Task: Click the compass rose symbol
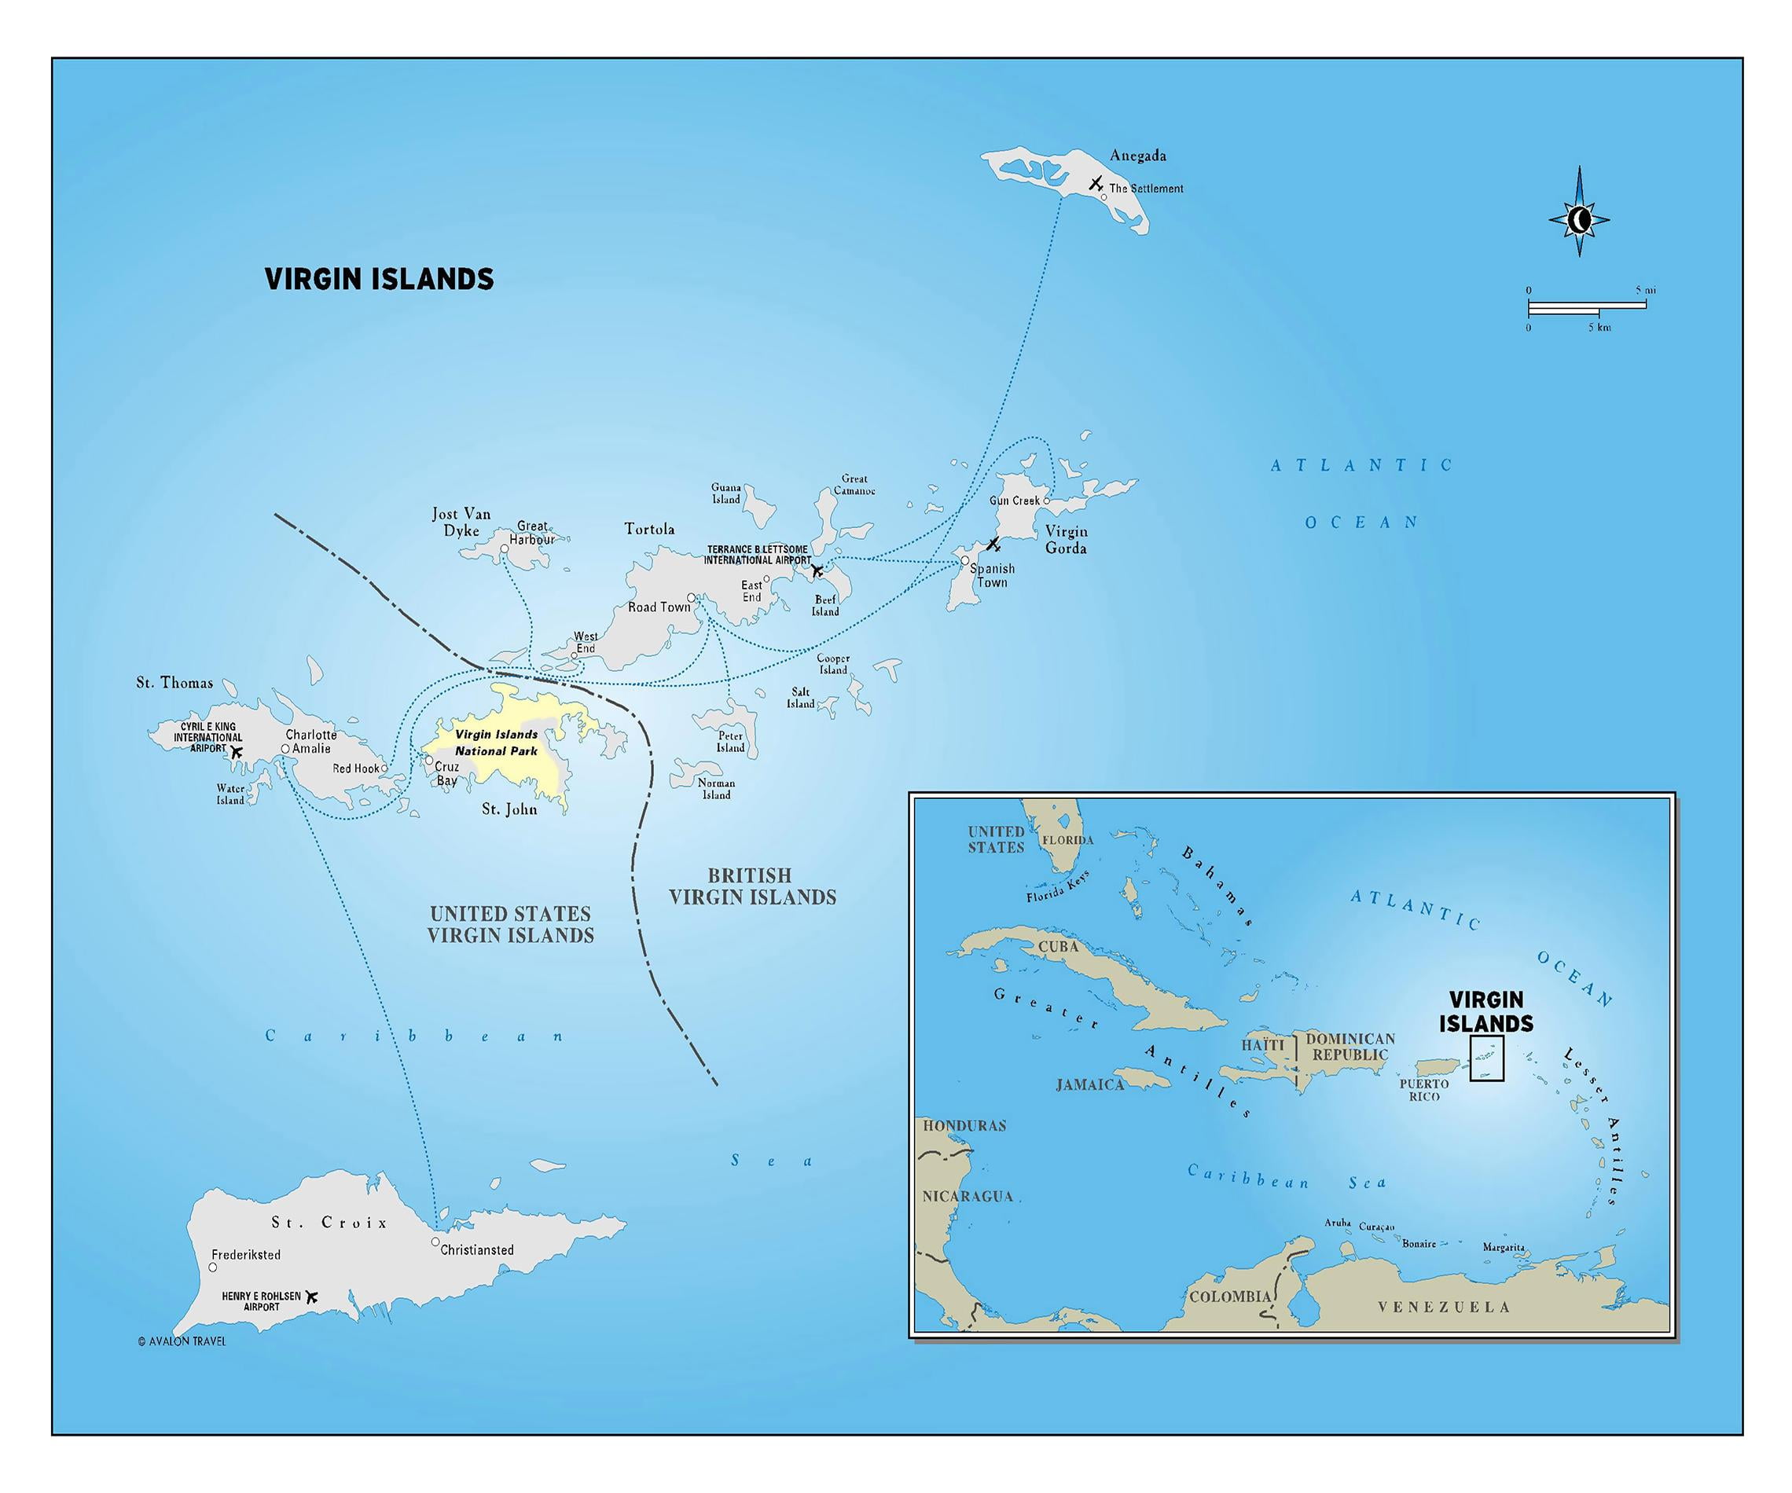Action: tap(1579, 220)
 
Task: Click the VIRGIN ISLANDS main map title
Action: tap(379, 279)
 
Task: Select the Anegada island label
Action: tap(1137, 156)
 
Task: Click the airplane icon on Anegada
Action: tap(1096, 183)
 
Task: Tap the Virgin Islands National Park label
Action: tap(496, 743)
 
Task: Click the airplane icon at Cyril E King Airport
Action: tap(237, 753)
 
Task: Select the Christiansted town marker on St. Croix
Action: tap(435, 1242)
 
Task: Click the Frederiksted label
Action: tap(246, 1255)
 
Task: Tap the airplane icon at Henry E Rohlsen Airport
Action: tap(311, 1297)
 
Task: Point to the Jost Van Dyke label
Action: tap(461, 522)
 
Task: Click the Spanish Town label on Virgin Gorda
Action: tap(992, 575)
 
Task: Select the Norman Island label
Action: tap(716, 788)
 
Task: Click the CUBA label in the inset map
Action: tap(1058, 946)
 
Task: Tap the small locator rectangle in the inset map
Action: tap(1485, 1058)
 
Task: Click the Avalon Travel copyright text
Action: tap(182, 1341)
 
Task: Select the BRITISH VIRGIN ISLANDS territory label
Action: tap(752, 886)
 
